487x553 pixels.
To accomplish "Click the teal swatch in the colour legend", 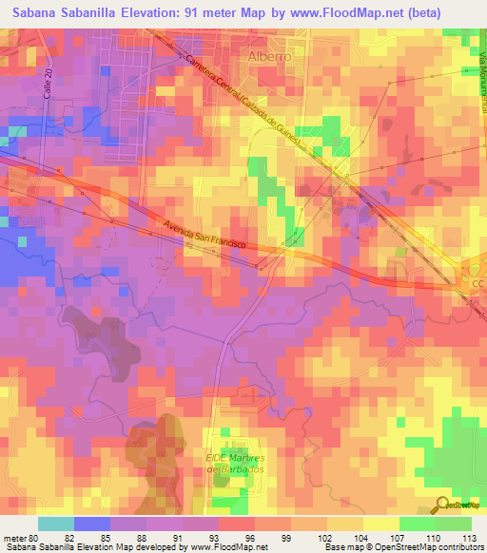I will [56, 524].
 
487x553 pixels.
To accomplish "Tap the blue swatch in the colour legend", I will [92, 524].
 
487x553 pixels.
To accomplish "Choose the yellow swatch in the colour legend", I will [381, 524].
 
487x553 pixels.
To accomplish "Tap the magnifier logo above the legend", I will [443, 504].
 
